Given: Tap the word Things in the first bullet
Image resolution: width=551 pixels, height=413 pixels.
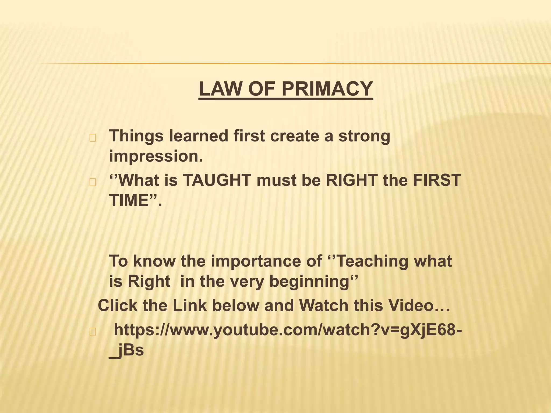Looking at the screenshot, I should (136, 136).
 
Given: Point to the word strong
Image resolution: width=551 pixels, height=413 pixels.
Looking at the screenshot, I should (364, 136).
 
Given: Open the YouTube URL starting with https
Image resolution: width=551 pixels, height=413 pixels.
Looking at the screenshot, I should (288, 330).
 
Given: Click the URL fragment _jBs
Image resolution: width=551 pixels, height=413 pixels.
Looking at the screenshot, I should (126, 350).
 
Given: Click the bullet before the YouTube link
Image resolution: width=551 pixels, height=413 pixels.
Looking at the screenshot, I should (93, 332).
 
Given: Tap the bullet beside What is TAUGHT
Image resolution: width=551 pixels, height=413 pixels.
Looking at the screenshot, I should (93, 182).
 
